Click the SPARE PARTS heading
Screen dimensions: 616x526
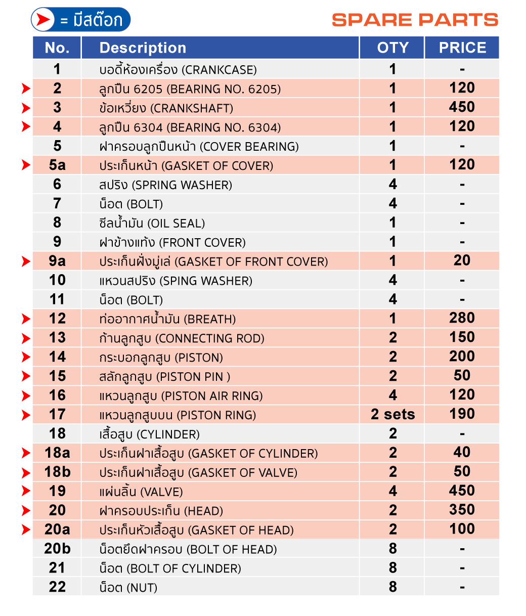415,20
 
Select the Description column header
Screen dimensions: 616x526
143,48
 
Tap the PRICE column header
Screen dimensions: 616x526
462,48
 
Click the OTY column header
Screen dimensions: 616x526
392,48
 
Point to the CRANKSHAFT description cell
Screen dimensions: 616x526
166,108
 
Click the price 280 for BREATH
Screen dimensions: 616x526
462,318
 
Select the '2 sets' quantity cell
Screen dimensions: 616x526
392,415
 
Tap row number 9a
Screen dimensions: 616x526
57,261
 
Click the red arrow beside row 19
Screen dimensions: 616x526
26,491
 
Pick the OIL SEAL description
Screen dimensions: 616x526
152,224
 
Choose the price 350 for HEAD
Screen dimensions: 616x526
462,510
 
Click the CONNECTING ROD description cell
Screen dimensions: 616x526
182,338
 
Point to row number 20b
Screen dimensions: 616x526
57,549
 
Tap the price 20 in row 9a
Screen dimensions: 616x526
462,260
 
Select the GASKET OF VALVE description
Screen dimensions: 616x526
198,473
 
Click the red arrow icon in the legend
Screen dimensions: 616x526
44,20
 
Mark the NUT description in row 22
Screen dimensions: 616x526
128,588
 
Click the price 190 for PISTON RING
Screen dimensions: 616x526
462,414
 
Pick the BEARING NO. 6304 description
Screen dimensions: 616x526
190,127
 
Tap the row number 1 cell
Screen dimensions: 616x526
57,69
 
